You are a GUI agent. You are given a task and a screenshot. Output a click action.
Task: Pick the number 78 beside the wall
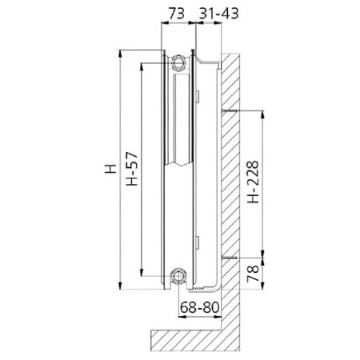pyautogui.click(x=253, y=274)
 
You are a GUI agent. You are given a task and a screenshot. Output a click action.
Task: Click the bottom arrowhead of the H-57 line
pyautogui.click(x=140, y=271)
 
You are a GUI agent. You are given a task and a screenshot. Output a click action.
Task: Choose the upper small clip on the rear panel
pyautogui.click(x=198, y=97)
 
